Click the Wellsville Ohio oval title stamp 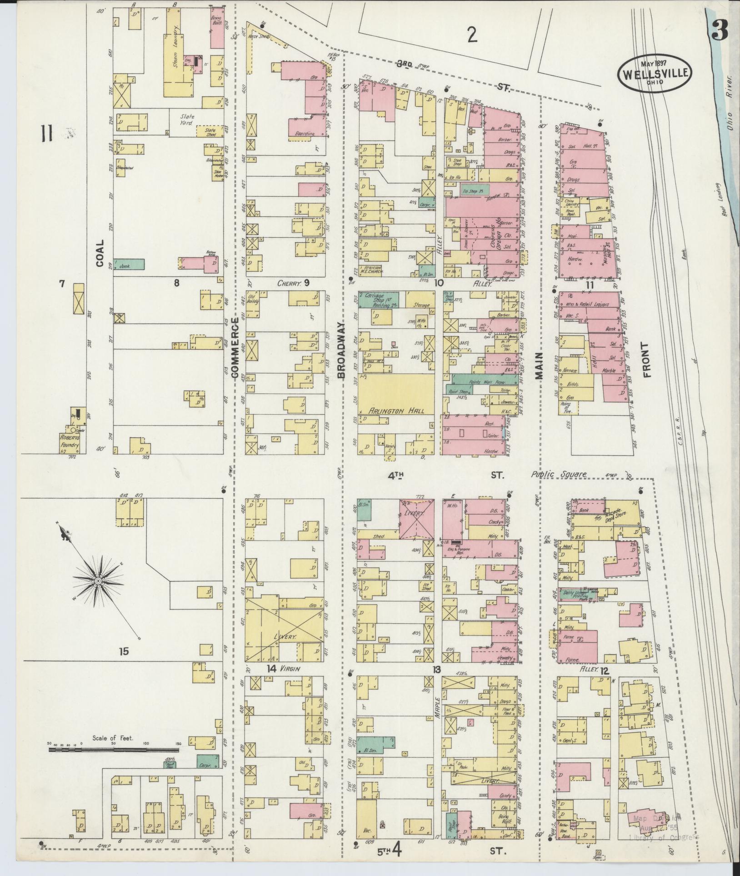655,73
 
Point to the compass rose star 97,581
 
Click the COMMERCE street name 235,349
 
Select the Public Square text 559,474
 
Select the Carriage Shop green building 378,300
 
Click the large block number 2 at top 473,35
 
